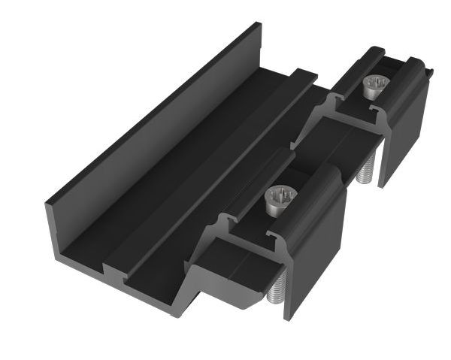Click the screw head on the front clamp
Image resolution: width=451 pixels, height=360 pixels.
(x=281, y=198)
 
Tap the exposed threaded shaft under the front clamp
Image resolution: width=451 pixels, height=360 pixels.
(x=274, y=290)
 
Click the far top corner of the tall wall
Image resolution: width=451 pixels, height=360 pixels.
(x=258, y=26)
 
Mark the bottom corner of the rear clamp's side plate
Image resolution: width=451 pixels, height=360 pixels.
(x=382, y=185)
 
